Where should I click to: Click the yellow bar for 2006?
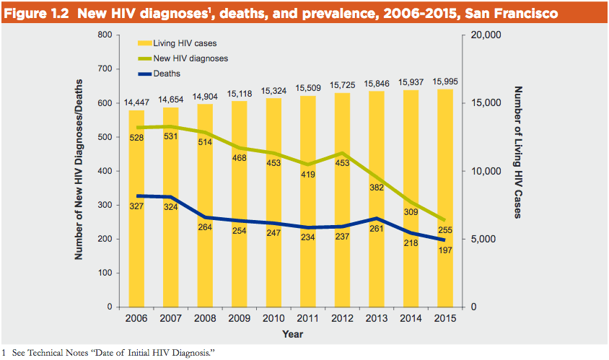point(137,209)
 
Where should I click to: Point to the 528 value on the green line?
point(137,138)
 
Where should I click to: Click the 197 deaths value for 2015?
point(445,250)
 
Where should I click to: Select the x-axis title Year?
point(292,334)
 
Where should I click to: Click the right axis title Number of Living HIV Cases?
point(517,152)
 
